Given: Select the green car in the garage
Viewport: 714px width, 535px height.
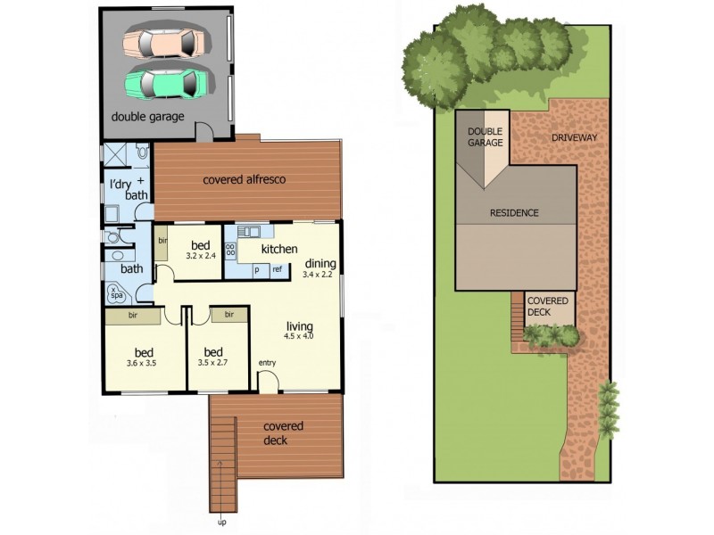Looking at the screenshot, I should (170, 83).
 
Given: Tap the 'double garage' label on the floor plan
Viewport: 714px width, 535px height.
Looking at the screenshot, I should (148, 117).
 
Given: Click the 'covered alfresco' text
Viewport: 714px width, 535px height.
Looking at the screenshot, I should (244, 179).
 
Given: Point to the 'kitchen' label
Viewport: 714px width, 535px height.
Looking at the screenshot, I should (279, 249).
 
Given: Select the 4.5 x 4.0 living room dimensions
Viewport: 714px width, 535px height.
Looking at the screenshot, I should (300, 336).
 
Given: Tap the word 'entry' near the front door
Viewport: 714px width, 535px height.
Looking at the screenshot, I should (268, 363).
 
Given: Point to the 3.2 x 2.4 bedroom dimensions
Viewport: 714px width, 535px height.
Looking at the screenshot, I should (201, 256).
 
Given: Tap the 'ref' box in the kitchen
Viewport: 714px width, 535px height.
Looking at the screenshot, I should (278, 269).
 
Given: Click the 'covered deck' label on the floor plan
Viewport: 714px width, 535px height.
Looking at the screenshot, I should (283, 432).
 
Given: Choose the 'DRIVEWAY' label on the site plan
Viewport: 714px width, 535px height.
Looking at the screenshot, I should (574, 138).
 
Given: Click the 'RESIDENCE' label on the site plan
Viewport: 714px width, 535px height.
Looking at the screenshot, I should (514, 213).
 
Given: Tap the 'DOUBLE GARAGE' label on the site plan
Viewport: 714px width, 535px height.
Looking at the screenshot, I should (486, 136).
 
